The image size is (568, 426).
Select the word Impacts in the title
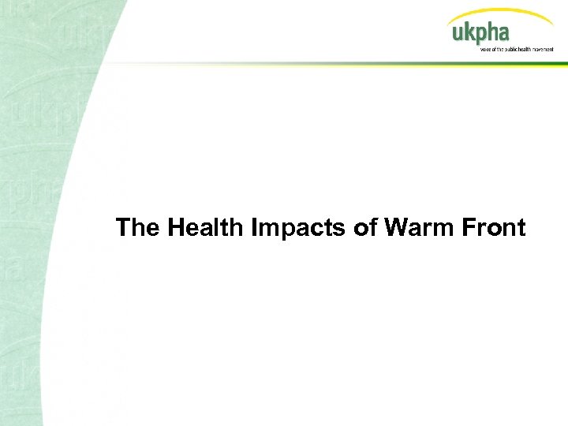pyautogui.click(x=290, y=229)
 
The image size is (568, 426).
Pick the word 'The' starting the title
pyautogui.click(x=136, y=228)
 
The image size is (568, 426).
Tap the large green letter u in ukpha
pyautogui.click(x=457, y=34)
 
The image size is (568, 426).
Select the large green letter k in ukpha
pyautogui.click(x=469, y=32)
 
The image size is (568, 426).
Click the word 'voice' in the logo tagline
pyautogui.click(x=485, y=49)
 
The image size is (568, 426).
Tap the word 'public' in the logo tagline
pyautogui.click(x=509, y=49)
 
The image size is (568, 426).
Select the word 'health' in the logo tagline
pyautogui.click(x=523, y=49)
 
